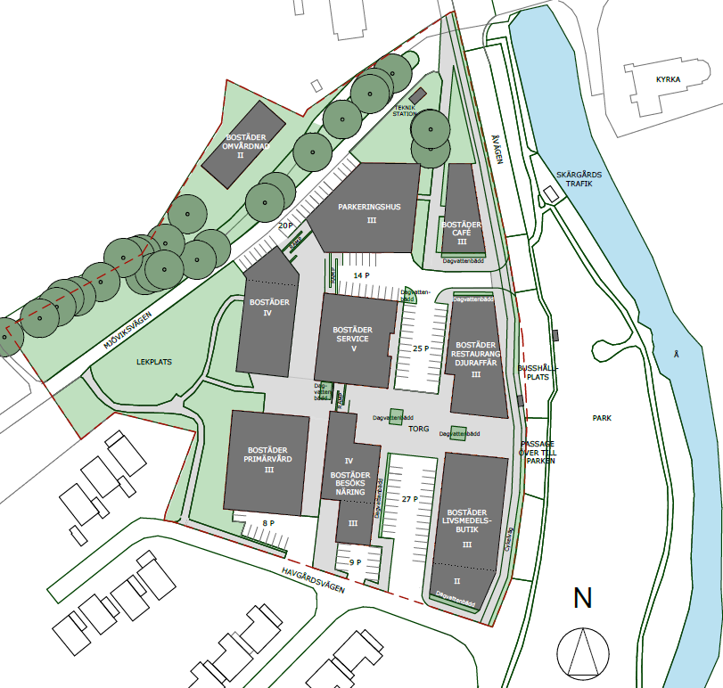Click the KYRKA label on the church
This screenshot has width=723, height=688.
click(x=668, y=79)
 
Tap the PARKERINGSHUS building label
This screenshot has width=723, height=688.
click(x=370, y=208)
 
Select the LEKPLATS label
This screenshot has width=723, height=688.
click(x=153, y=363)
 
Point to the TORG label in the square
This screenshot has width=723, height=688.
click(x=419, y=429)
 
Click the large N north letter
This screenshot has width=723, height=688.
click(x=583, y=598)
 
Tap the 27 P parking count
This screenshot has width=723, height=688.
click(x=409, y=499)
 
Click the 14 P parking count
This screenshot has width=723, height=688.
click(x=361, y=276)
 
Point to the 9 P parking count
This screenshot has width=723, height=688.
click(x=355, y=562)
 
